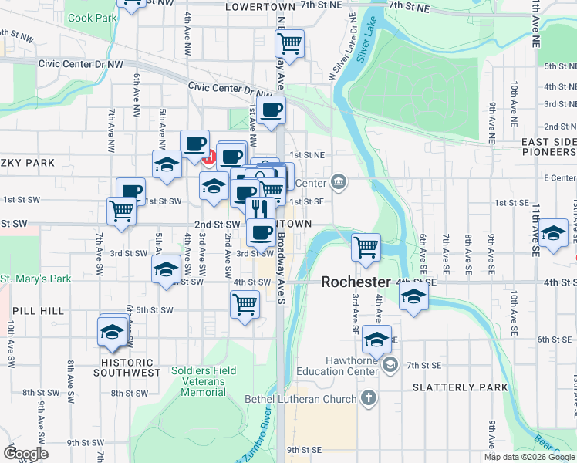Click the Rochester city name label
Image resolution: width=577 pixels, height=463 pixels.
pos(356,282)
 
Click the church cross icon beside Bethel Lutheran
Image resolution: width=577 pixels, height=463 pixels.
pos(369,398)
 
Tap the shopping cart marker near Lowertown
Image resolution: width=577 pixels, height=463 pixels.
pos(289,43)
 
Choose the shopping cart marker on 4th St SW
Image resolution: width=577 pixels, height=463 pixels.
pos(245,305)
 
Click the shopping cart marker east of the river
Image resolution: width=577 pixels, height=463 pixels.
pos(366,247)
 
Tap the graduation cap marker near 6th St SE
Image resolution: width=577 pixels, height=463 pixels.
pos(377,340)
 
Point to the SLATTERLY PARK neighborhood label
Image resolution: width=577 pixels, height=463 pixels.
pos(460,387)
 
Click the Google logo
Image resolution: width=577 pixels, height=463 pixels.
pos(25,455)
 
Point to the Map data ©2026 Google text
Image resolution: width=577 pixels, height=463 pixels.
pos(528,457)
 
